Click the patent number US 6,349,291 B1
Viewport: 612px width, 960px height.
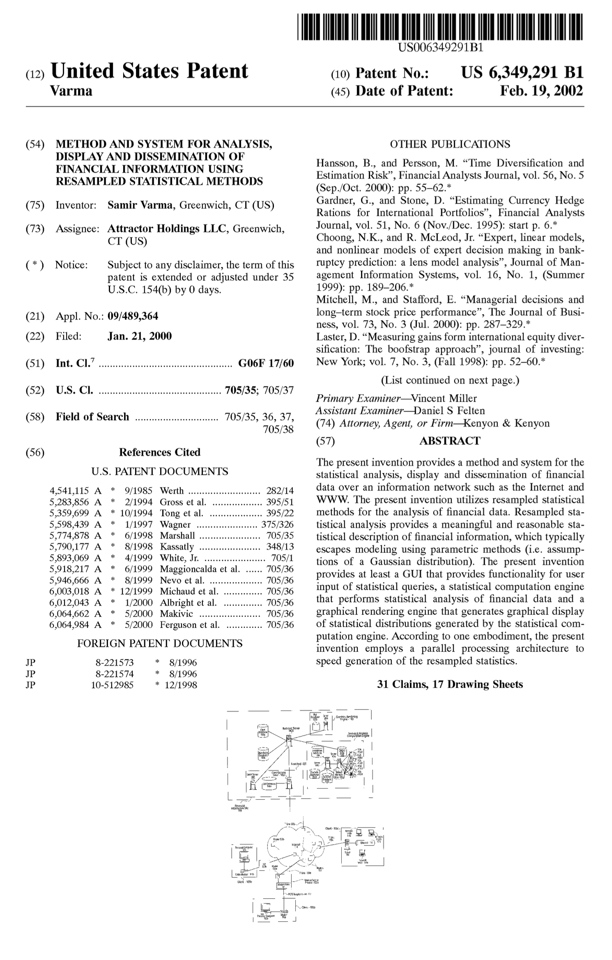[522, 73]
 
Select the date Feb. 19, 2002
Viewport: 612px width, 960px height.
[541, 90]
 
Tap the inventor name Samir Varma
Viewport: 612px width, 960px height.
[140, 205]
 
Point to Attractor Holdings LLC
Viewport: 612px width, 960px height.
[166, 228]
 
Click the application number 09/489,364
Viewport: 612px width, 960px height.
[133, 316]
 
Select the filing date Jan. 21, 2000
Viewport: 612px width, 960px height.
[140, 336]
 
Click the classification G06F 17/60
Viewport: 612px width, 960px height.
[266, 363]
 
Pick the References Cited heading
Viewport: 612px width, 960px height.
[159, 452]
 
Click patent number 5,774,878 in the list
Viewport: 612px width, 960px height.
[69, 535]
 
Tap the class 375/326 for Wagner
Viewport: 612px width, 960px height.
[277, 524]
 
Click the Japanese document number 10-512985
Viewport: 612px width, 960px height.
[112, 685]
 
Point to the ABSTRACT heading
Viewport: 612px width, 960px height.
[449, 441]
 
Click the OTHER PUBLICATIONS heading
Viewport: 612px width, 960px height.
[450, 144]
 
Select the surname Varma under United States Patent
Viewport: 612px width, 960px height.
[71, 90]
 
